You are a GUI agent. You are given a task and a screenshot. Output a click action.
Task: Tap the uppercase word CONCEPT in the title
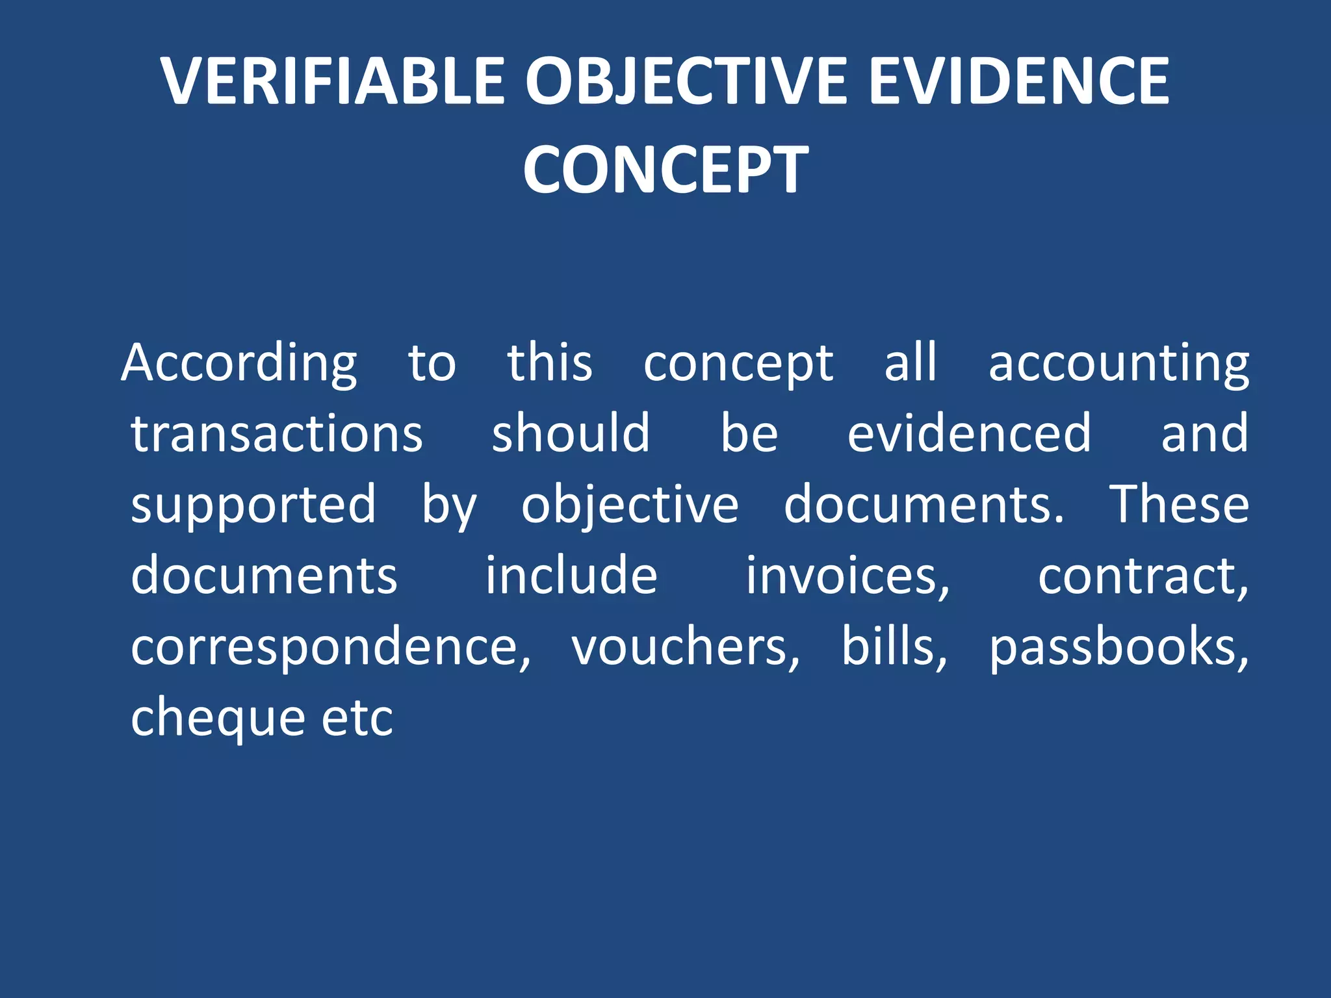665,170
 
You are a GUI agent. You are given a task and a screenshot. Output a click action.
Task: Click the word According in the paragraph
239,364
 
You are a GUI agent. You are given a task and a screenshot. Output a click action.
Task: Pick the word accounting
1118,364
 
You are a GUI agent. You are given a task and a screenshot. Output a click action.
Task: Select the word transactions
277,434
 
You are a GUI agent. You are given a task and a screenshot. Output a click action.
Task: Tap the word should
571,434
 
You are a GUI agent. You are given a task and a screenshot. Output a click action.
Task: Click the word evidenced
969,434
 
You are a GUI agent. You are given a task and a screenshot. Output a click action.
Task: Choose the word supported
253,505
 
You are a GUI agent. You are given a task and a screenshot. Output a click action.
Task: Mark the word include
571,576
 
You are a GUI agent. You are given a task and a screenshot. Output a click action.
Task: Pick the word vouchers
685,647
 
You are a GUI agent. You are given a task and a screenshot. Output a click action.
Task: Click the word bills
894,647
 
